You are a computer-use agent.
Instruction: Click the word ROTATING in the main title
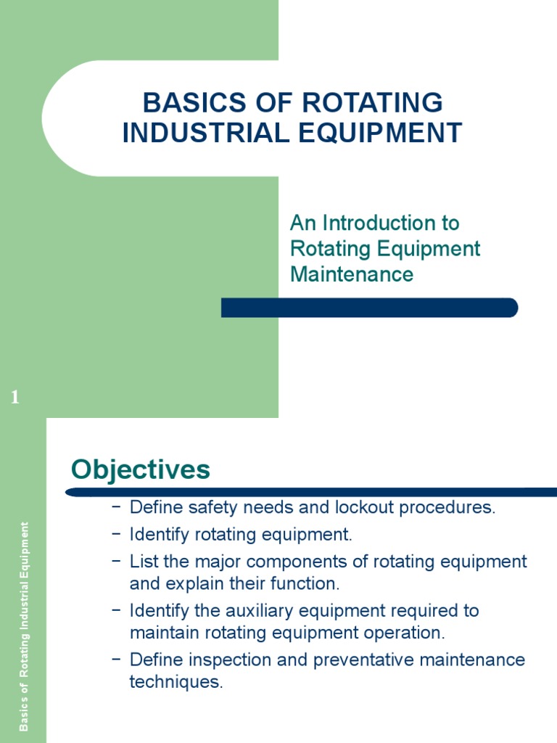point(372,103)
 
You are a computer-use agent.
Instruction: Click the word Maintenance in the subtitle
point(352,274)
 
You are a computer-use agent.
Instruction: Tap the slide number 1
point(15,397)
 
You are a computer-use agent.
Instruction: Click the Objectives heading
point(141,469)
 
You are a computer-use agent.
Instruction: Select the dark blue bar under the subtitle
point(369,308)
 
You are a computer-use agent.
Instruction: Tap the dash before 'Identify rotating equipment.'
point(116,535)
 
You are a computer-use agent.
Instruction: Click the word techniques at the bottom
point(175,682)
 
